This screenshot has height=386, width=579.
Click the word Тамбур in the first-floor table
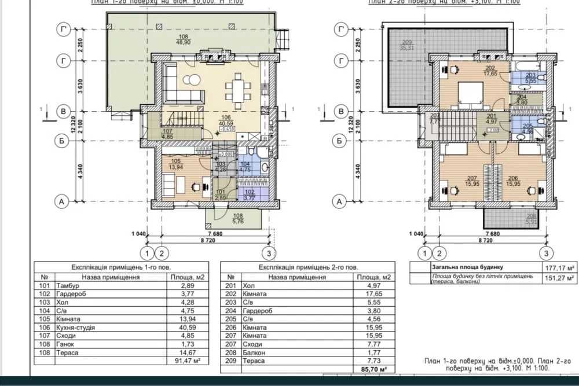(x=68, y=286)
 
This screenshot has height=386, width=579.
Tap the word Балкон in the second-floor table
(x=254, y=352)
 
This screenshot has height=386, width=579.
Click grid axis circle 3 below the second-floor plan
(x=545, y=252)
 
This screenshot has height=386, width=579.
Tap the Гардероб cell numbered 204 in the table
(x=257, y=310)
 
